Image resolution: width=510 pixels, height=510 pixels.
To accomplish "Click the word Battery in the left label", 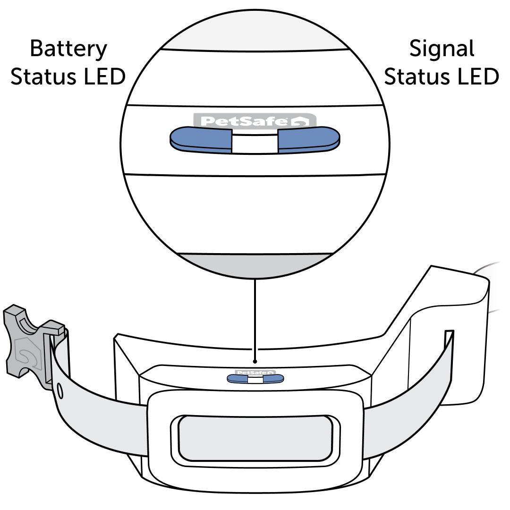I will pos(68,49).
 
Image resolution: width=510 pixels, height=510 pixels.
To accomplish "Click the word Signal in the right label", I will pos(442,48).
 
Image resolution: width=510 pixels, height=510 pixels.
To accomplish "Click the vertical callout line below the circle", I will pos(255,321).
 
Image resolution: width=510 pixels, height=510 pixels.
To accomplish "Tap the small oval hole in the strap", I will pos(60,390).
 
